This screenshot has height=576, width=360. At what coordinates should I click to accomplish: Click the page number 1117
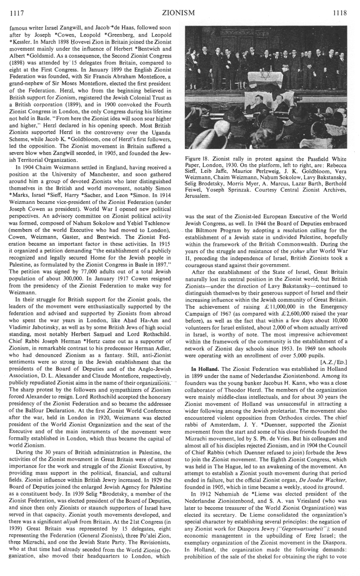click(x=10, y=13)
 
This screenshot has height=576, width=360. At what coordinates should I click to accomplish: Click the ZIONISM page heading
click(x=180, y=13)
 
